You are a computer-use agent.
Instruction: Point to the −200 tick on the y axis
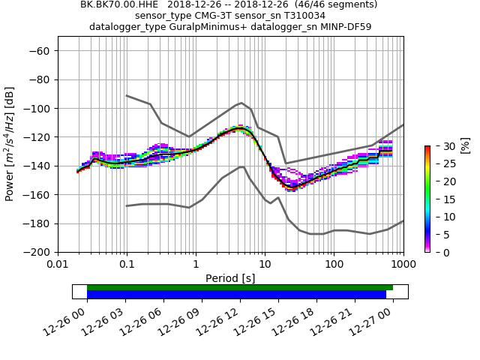[x=38, y=252]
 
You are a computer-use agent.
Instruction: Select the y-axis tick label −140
[x=38, y=166]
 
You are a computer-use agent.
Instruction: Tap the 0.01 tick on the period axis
[x=58, y=264]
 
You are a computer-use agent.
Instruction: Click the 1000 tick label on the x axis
[x=403, y=264]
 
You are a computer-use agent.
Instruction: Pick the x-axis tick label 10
[x=265, y=264]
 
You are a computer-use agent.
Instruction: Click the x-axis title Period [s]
[x=230, y=278]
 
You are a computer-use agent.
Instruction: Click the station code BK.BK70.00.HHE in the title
[x=119, y=4]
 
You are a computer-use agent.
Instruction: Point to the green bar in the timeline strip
[x=240, y=287]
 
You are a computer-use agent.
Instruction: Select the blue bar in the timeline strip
[x=236, y=295]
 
